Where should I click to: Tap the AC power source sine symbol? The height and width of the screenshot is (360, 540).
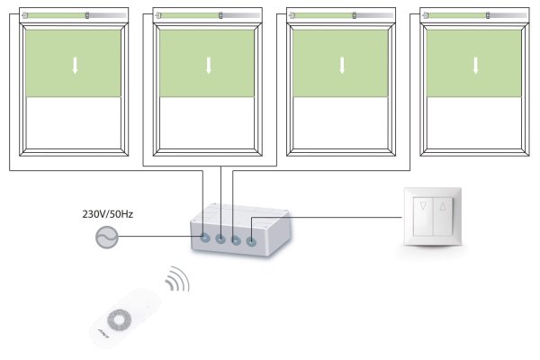point(106,238)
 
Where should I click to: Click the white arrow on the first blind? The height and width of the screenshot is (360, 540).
point(76,66)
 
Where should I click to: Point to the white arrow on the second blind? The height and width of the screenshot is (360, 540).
point(208,66)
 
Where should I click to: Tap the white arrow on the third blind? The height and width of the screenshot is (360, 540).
point(342,66)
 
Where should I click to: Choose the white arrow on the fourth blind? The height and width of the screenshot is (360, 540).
point(475,66)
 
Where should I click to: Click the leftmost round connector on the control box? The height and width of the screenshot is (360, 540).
point(205,238)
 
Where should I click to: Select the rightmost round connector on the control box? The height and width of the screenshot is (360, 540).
point(251,241)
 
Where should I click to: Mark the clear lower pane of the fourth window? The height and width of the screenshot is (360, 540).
point(474,125)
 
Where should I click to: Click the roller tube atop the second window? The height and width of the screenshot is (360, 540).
point(208,14)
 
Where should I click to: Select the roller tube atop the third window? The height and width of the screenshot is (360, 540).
point(342,14)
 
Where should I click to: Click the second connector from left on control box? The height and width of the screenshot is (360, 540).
point(221,239)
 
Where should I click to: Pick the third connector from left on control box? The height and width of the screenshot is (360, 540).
point(236,240)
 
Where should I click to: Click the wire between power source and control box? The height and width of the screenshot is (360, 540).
point(157,238)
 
